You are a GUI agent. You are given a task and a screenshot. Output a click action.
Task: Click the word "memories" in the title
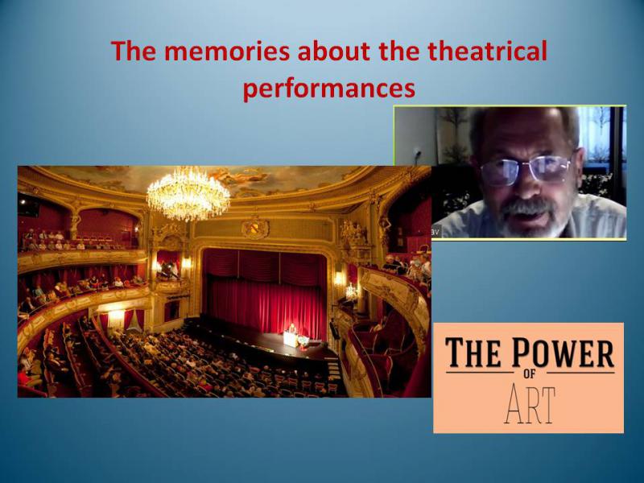click(x=228, y=51)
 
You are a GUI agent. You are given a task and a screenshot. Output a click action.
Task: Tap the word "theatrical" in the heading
click(x=487, y=51)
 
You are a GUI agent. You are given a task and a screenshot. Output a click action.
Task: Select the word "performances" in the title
click(x=329, y=89)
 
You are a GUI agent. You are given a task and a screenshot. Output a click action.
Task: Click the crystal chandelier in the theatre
click(x=188, y=192)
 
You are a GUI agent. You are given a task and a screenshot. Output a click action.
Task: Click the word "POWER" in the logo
click(x=563, y=352)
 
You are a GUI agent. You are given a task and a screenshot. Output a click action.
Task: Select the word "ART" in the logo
click(x=530, y=405)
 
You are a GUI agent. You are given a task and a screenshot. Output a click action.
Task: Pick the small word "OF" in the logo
click(x=530, y=374)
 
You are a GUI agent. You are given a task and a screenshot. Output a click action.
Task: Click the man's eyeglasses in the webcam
click(x=526, y=168)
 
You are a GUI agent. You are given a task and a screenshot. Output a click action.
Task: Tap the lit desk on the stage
click(x=291, y=338)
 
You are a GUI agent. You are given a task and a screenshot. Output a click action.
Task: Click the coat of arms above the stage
click(x=255, y=227)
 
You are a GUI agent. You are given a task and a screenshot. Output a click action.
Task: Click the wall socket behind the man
click(x=419, y=153)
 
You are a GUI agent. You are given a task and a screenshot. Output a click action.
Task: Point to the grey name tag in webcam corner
click(x=436, y=232)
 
